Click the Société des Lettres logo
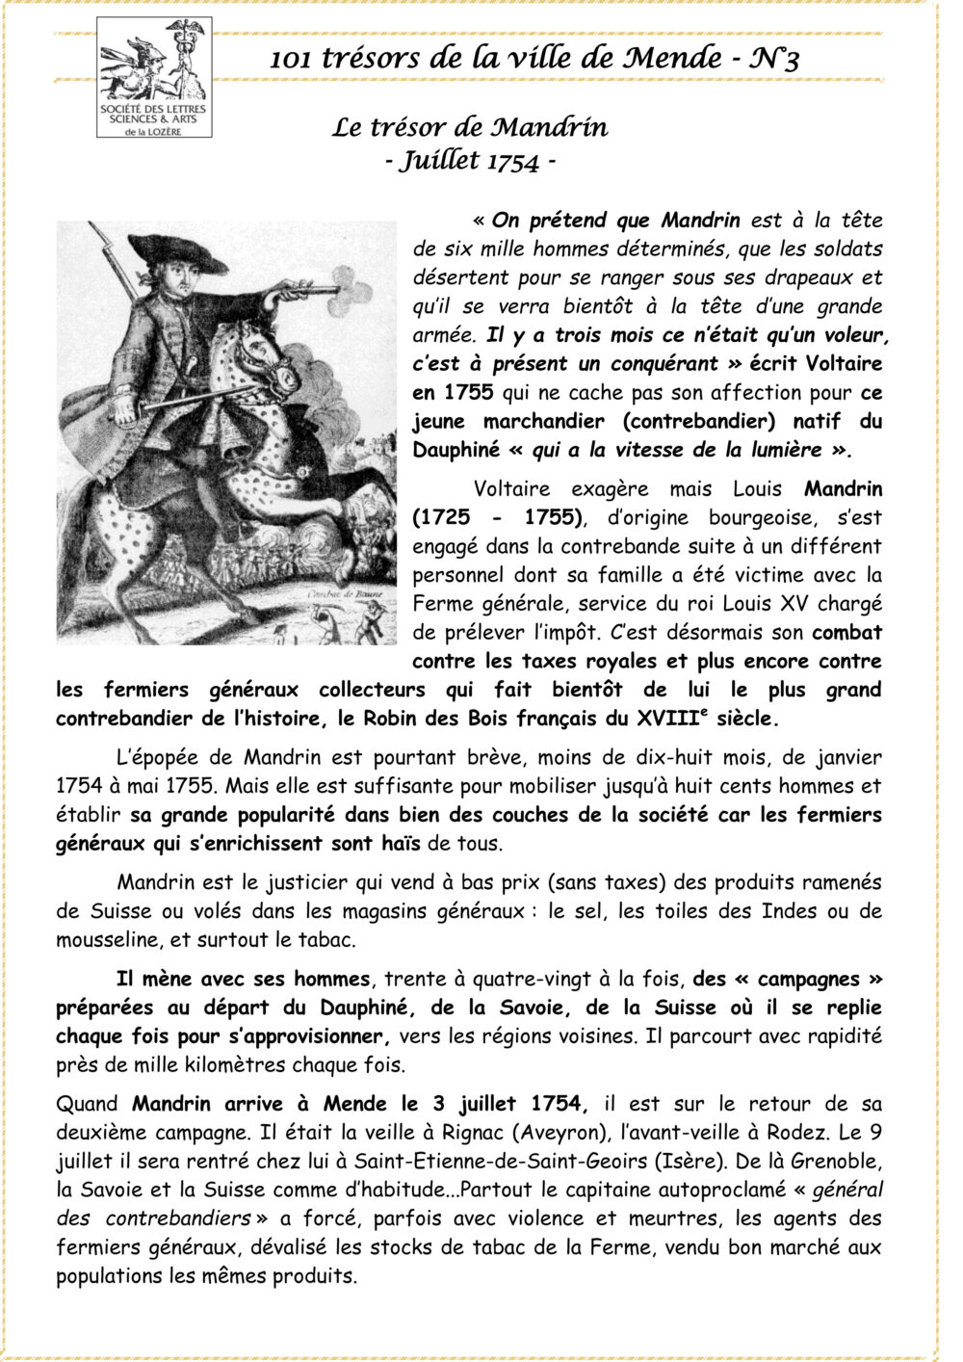(x=154, y=88)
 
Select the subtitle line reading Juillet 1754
(x=470, y=161)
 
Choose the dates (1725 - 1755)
(x=498, y=517)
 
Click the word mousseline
(x=108, y=940)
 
